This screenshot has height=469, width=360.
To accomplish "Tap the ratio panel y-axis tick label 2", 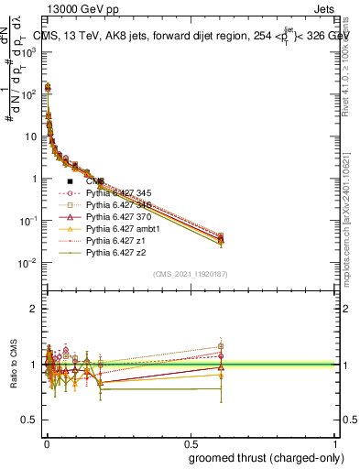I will tap(33, 308).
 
